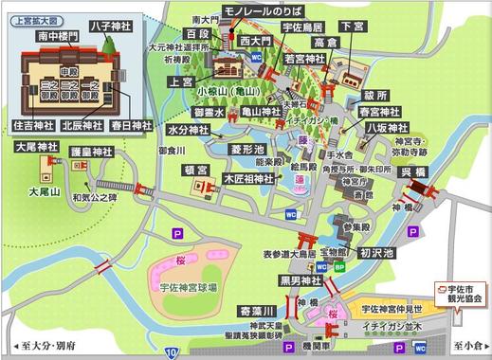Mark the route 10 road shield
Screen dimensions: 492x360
pyautogui.click(x=171, y=352)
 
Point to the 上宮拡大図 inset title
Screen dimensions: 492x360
pyautogui.click(x=37, y=15)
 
